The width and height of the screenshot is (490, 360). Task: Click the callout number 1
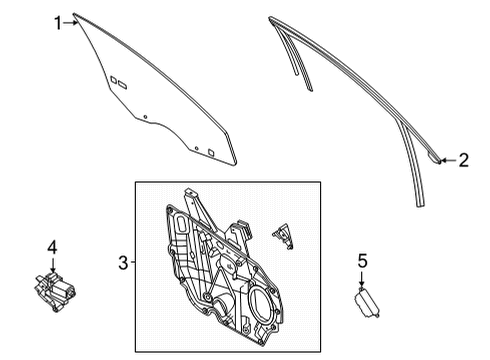58,19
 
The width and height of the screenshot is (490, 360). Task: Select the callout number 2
462,159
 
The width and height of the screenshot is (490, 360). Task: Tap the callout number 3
122,263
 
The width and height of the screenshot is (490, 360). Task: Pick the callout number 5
364,261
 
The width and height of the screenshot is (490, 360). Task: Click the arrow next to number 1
72,20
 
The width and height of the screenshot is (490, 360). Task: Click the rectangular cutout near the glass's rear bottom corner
210,151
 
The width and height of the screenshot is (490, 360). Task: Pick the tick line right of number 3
132,263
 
